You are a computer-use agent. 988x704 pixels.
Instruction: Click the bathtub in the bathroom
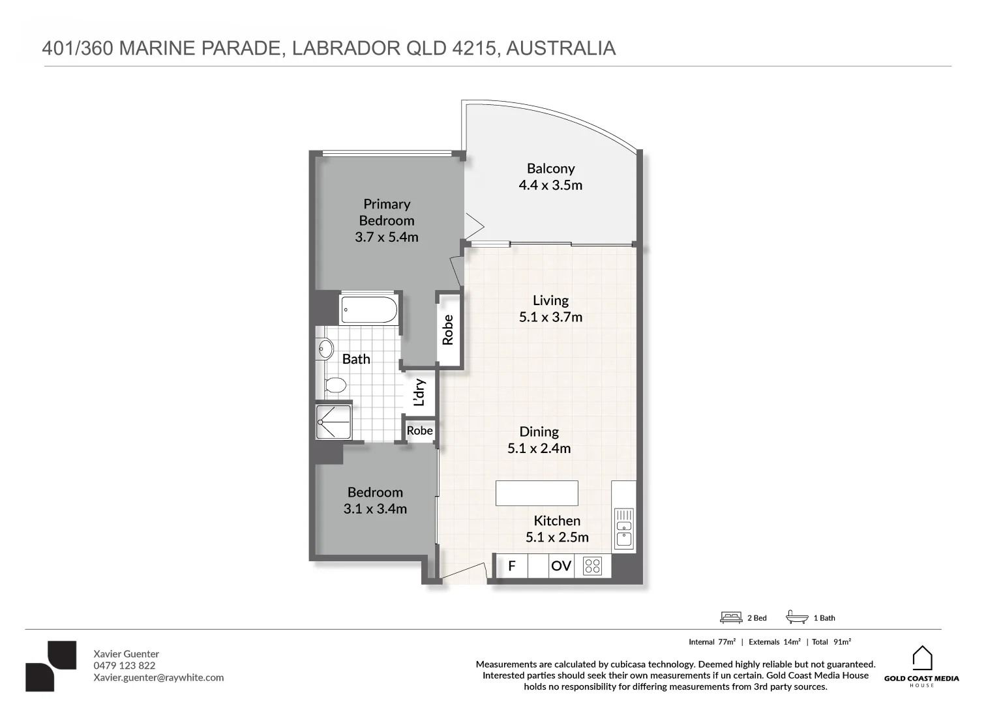click(368, 310)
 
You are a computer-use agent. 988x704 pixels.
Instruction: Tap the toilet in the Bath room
click(335, 385)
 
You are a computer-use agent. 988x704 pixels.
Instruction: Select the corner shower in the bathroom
click(333, 422)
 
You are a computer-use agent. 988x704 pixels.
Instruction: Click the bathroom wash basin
click(324, 350)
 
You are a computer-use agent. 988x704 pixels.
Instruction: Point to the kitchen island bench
click(536, 493)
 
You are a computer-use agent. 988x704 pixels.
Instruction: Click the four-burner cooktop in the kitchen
click(592, 566)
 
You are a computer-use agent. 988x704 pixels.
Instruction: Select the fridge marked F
click(512, 566)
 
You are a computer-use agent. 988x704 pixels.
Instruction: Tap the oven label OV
click(561, 566)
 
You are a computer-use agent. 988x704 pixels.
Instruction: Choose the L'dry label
click(419, 392)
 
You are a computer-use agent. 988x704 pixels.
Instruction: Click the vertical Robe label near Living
click(447, 330)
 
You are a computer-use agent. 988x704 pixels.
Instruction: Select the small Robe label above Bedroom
click(419, 431)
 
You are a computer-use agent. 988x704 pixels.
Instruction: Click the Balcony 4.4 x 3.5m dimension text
click(550, 185)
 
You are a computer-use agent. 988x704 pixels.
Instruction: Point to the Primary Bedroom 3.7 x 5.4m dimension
click(387, 237)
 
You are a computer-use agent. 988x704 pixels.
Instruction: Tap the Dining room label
click(539, 432)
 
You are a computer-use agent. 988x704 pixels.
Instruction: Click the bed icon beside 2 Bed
click(731, 617)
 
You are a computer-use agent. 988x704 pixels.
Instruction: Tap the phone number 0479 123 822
click(125, 666)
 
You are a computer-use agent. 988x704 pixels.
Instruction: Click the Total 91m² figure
click(831, 642)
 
